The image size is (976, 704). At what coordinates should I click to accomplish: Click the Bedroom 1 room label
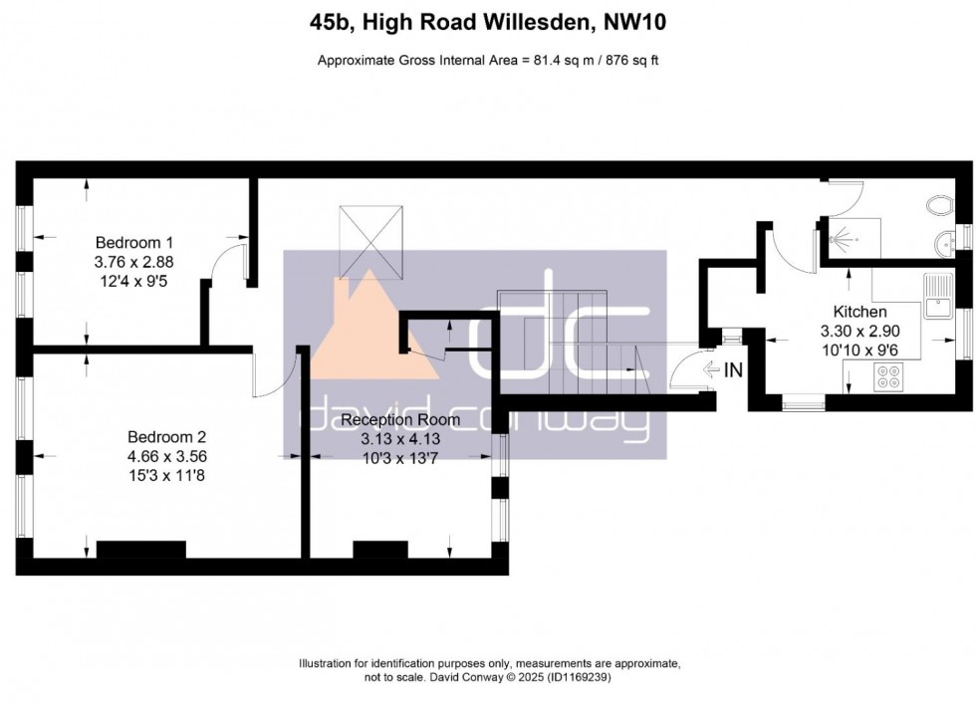(134, 242)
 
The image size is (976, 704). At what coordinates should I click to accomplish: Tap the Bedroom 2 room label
(166, 436)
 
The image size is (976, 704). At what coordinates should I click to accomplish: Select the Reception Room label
(400, 419)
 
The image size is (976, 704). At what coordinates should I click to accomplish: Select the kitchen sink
(936, 296)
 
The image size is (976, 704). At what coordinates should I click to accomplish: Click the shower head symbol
(847, 240)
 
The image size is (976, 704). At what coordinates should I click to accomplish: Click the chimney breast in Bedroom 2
(140, 551)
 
